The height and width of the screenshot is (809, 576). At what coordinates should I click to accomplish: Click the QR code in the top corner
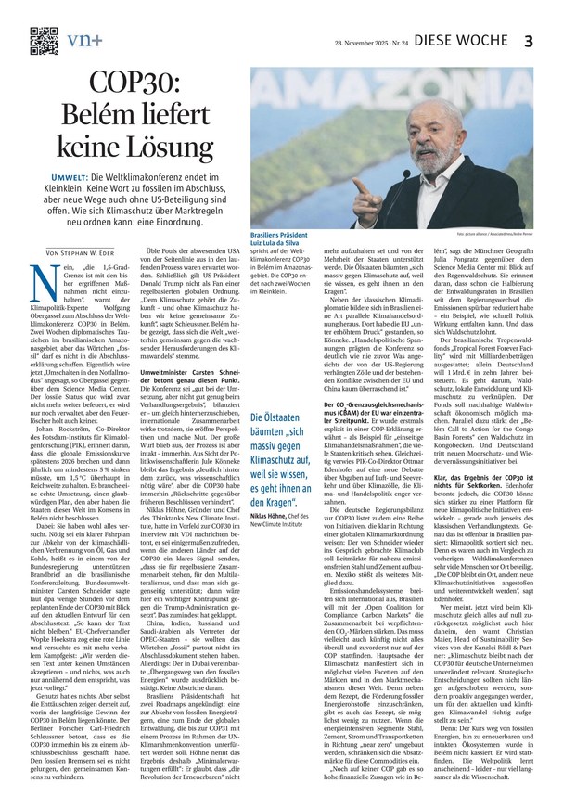point(44,40)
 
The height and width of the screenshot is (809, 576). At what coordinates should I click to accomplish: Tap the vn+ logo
point(86,39)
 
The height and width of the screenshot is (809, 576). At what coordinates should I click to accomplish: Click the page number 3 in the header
point(555,41)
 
